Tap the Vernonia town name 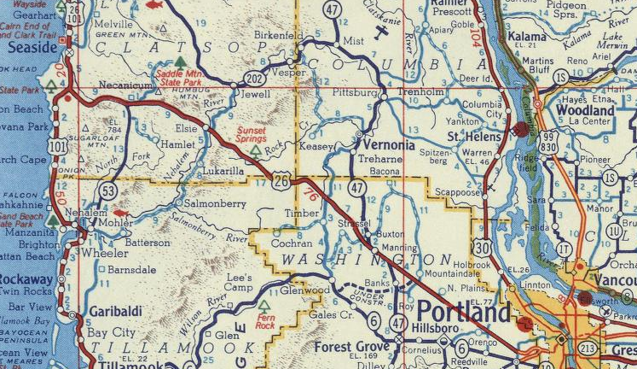click(x=387, y=145)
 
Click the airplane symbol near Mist click(x=382, y=35)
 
